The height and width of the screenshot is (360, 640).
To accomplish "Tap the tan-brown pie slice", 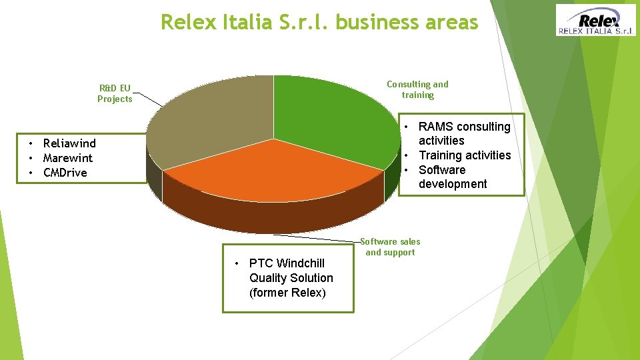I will [x=213, y=120].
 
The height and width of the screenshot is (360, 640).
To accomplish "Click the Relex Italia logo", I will [x=596, y=20].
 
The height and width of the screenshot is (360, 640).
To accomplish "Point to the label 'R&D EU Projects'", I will [x=115, y=93].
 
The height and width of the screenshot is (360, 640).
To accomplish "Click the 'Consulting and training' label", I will [x=417, y=89].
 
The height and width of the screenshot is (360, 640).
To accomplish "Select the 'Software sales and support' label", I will [x=390, y=247].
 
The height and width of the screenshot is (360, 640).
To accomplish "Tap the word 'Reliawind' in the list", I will [x=69, y=143].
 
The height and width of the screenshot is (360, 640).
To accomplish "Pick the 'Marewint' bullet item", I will [x=67, y=158].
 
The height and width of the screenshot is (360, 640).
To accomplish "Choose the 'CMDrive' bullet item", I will [x=65, y=173].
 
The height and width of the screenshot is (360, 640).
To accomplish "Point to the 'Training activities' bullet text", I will [x=465, y=155].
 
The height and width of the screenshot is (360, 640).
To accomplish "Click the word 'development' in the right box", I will [x=453, y=184].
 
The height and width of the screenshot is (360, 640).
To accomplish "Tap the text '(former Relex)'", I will [x=287, y=293].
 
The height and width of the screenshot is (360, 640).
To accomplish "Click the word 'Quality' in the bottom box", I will [x=268, y=278].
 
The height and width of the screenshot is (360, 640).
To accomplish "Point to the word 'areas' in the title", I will [x=454, y=23].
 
